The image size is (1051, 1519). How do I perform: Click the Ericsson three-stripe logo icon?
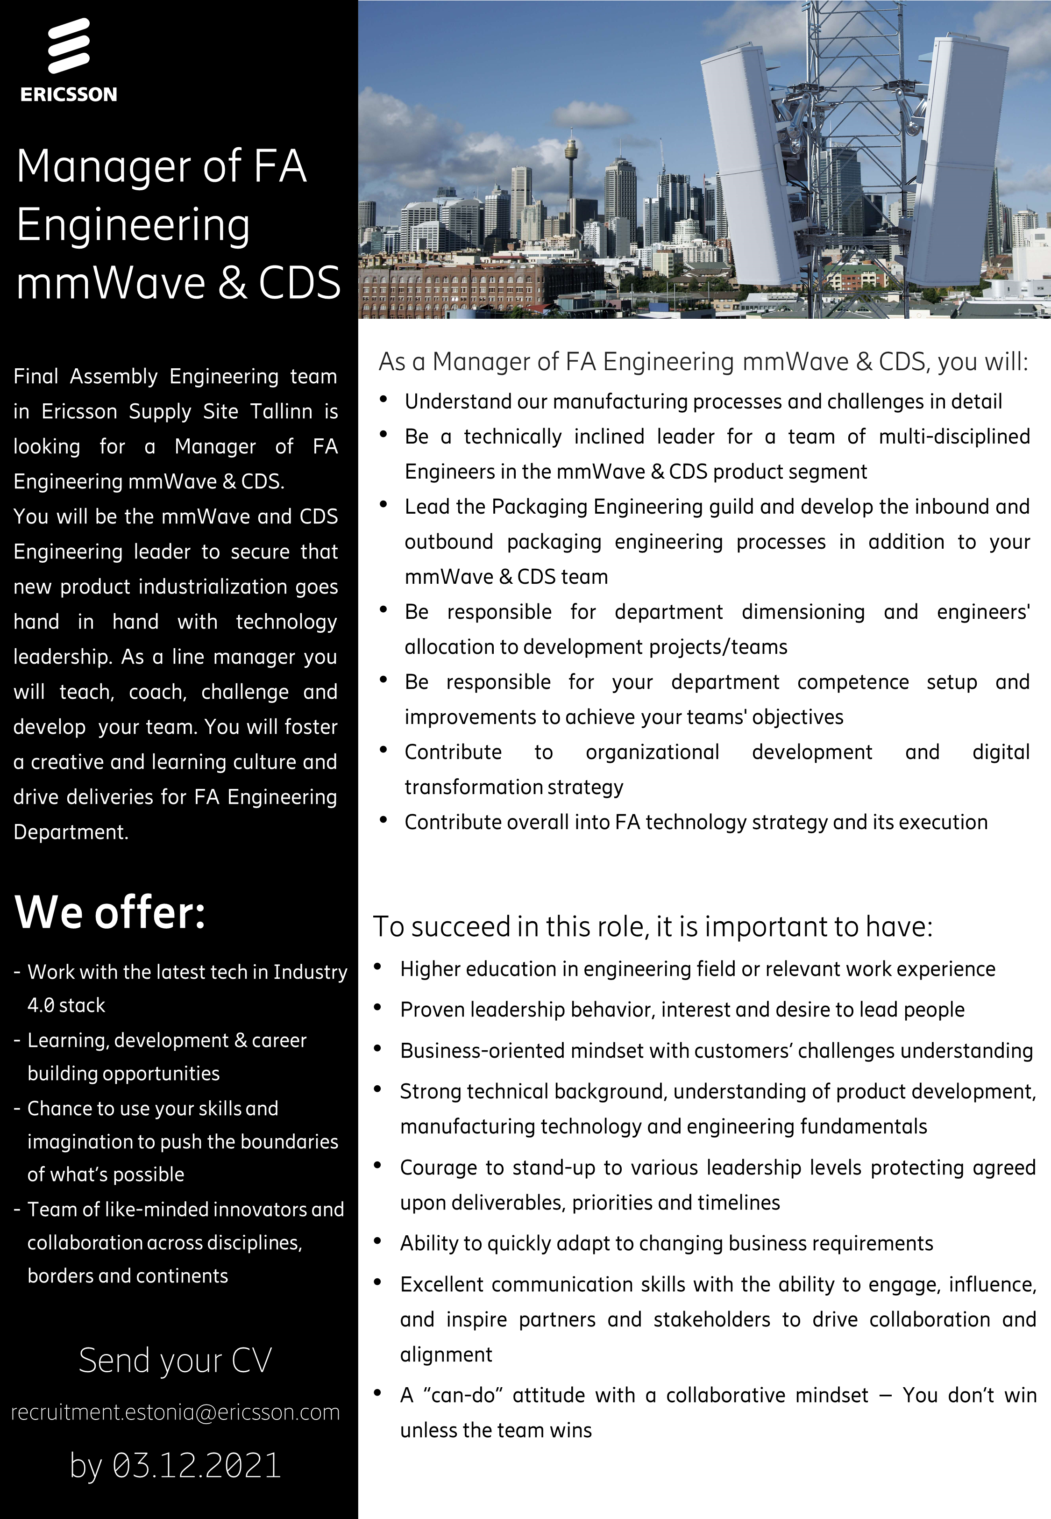tap(69, 45)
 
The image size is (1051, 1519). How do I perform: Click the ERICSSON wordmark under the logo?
tap(69, 94)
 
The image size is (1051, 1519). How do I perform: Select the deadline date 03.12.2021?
tap(196, 1465)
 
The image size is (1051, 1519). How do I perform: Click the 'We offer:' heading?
tap(110, 912)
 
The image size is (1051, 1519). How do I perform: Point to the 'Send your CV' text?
tap(175, 1360)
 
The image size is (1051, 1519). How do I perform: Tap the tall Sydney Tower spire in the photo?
tap(570, 171)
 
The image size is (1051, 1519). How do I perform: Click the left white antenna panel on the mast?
tap(744, 171)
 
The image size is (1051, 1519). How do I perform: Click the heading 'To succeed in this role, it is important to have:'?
tap(653, 927)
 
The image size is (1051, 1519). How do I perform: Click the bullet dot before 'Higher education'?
tap(378, 967)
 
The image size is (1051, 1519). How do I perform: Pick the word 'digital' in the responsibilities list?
tap(1000, 752)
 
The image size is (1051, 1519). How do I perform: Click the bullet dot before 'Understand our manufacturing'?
tap(383, 399)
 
